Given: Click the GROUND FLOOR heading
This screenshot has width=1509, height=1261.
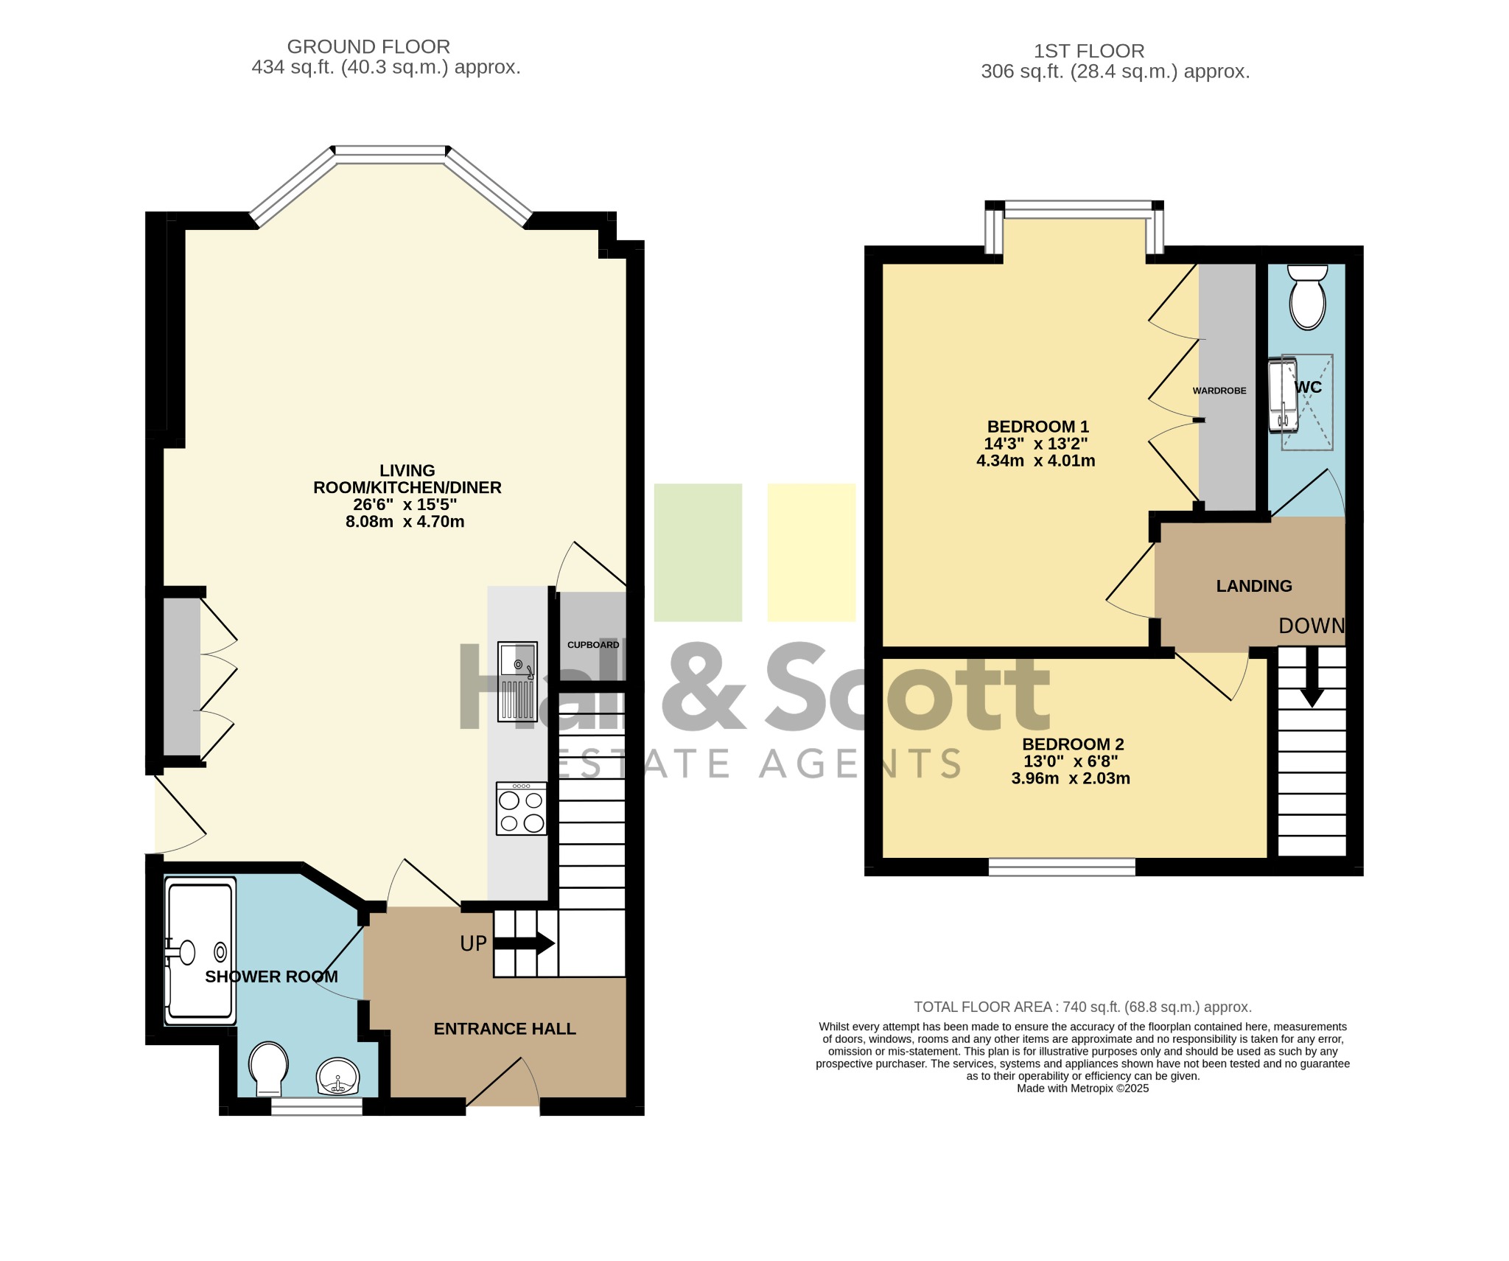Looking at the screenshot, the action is click(368, 46).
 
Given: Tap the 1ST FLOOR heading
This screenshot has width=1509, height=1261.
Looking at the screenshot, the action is click(1088, 51).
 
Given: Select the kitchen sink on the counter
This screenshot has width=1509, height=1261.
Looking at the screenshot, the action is click(518, 681).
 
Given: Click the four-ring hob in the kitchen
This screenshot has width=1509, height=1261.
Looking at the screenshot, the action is click(522, 808).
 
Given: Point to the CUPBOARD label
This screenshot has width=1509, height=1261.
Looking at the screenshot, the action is click(593, 645).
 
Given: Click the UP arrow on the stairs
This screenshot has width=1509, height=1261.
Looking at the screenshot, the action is click(524, 943).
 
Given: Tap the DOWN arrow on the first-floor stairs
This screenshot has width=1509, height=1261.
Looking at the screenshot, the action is click(1312, 677).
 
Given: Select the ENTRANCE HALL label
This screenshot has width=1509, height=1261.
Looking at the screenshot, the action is click(505, 1029).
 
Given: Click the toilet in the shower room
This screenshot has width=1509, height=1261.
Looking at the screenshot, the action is click(268, 1068).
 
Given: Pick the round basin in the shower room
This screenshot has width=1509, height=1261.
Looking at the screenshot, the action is click(338, 1077).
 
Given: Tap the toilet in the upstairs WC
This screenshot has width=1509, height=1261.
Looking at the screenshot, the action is click(1308, 297).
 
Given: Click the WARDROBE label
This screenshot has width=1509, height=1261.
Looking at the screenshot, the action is click(1219, 391).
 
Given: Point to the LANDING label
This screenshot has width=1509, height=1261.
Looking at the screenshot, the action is click(1254, 586).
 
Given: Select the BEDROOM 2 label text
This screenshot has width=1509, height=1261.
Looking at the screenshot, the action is click(1073, 744).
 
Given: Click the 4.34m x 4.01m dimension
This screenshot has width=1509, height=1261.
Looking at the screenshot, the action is click(1036, 461).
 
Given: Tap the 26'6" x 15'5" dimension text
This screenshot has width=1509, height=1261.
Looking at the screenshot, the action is click(405, 504).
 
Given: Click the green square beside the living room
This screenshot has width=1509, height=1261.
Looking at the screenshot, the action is click(698, 553).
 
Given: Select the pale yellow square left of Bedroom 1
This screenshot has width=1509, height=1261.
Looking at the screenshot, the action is click(811, 553).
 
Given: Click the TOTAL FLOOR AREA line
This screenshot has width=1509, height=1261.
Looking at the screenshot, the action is click(1083, 1007).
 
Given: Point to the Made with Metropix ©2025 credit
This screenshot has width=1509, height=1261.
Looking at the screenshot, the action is click(1083, 1089).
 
